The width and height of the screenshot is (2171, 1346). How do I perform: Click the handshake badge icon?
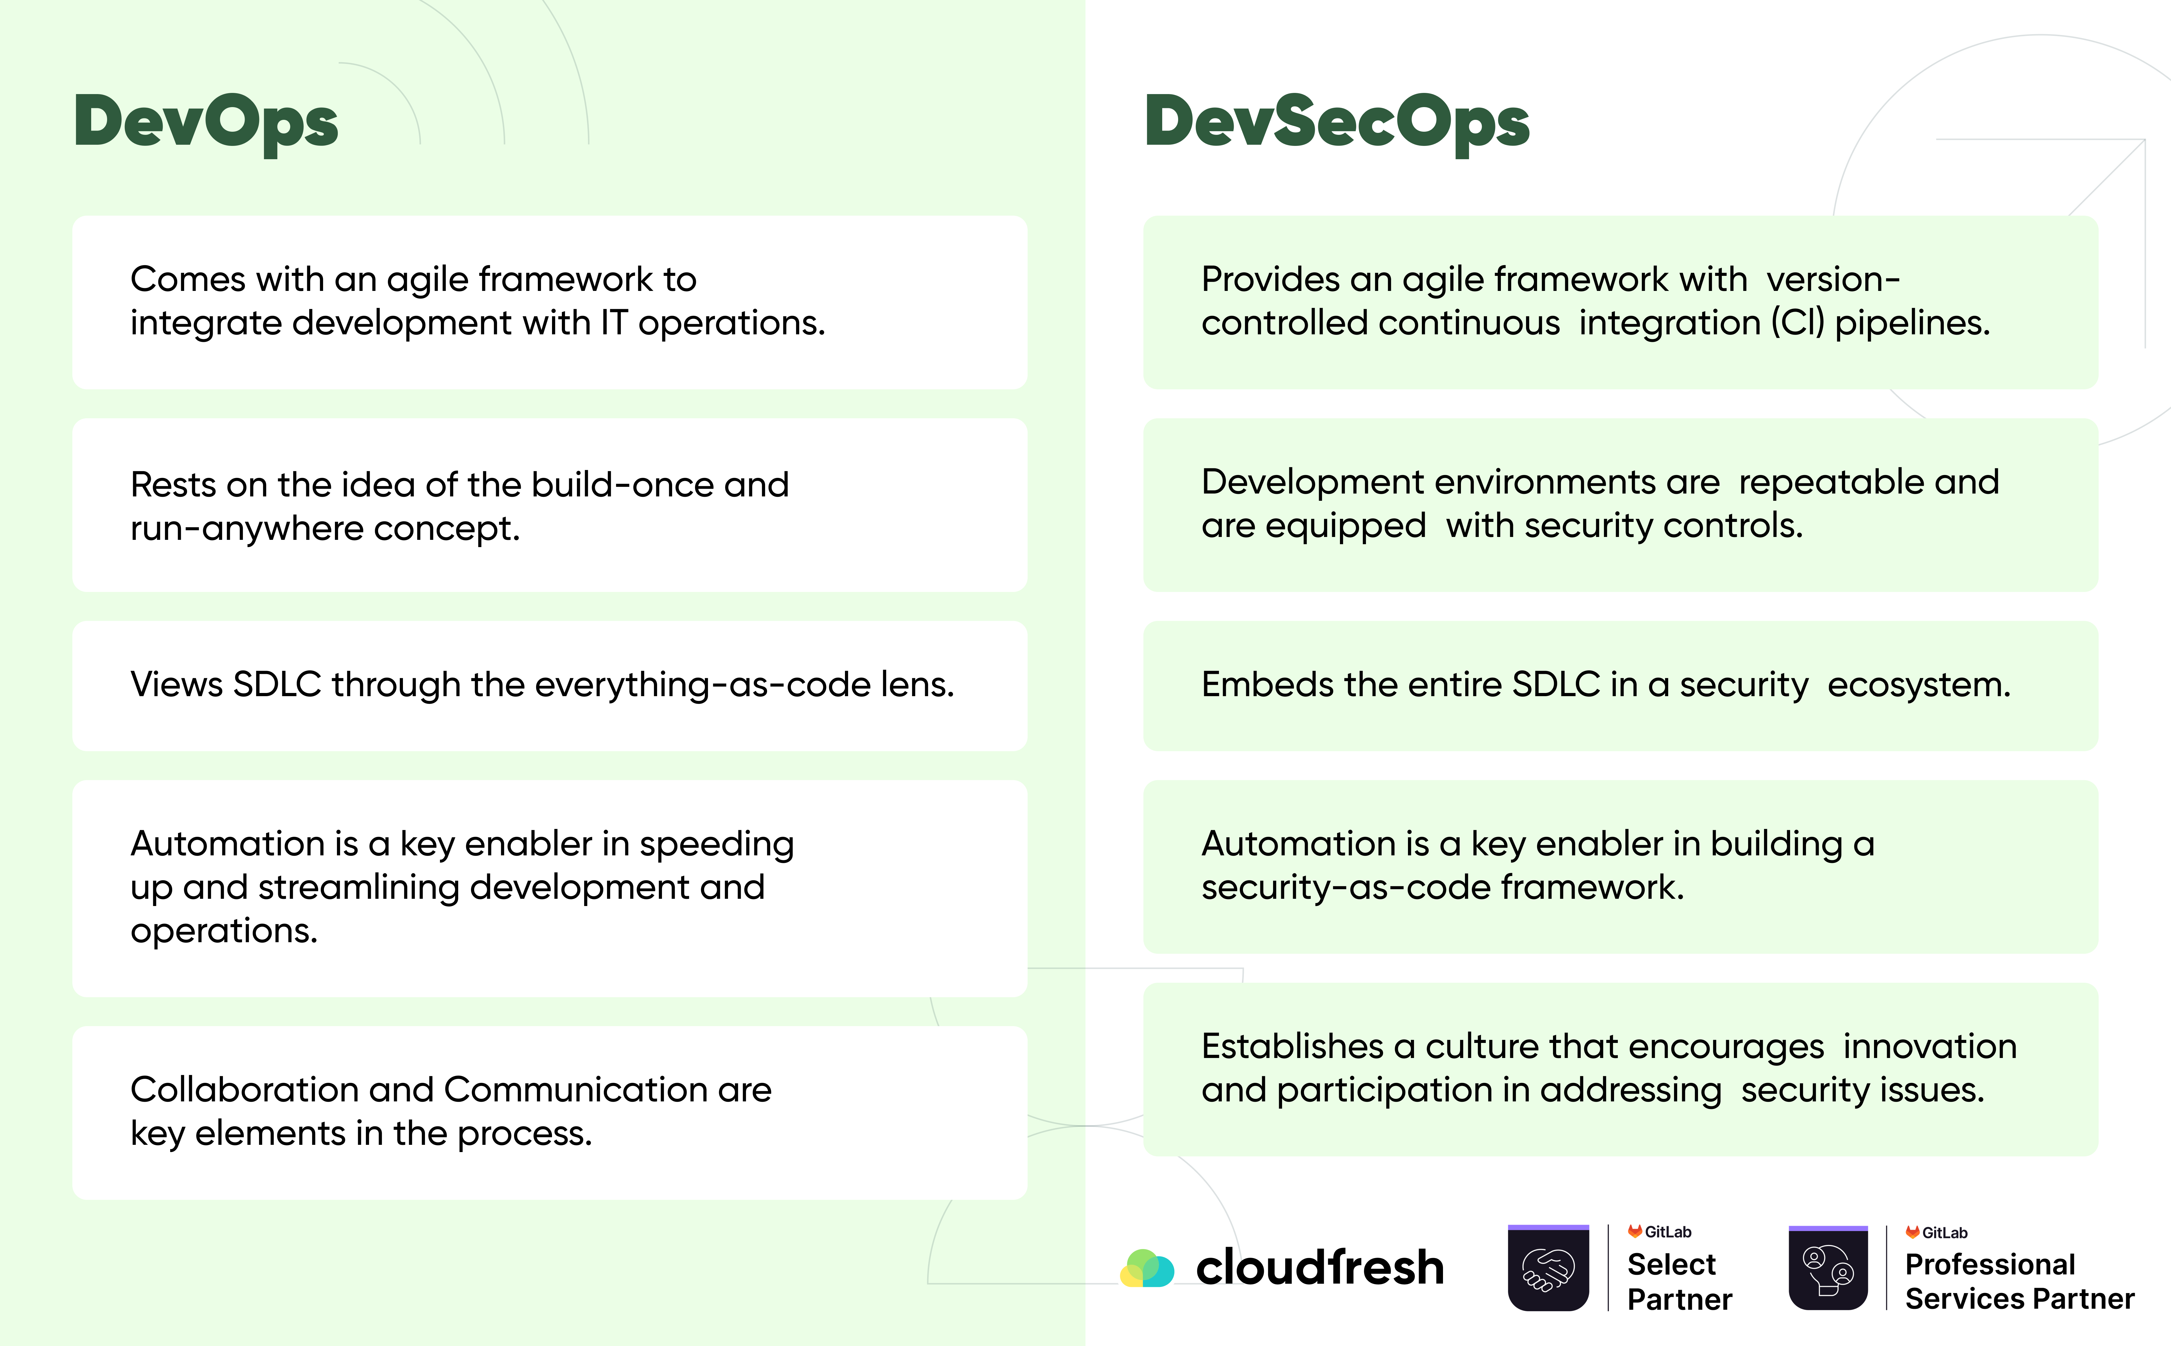(1548, 1268)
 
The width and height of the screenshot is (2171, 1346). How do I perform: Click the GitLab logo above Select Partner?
(1659, 1232)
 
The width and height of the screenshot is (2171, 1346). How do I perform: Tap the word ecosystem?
(1919, 685)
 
